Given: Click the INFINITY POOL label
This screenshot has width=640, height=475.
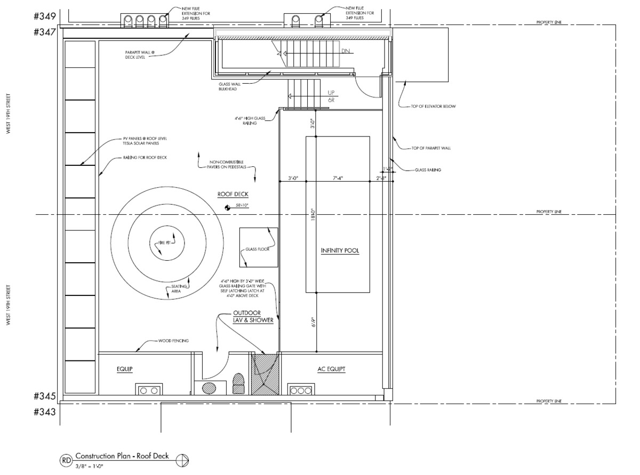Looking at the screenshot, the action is tap(340, 251).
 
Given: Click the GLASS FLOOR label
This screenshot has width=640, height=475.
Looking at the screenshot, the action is tap(258, 249).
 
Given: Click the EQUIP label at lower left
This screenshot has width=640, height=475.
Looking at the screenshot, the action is tap(124, 368).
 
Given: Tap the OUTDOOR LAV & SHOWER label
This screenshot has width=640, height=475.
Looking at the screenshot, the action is tap(253, 317).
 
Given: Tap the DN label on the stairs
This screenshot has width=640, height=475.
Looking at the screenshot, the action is tap(345, 51).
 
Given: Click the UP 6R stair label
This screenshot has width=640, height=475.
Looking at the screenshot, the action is tap(331, 96).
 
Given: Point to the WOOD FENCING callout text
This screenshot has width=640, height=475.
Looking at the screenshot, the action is tap(173, 341).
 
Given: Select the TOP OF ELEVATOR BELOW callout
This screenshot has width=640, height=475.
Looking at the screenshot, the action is tap(433, 106).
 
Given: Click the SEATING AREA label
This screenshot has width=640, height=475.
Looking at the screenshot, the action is tap(180, 290).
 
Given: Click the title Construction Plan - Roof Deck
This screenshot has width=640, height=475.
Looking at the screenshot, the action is tap(122, 456).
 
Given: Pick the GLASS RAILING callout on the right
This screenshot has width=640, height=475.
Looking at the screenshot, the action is tap(428, 170).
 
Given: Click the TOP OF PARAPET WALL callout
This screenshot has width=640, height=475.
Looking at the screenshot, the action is tap(431, 148).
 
